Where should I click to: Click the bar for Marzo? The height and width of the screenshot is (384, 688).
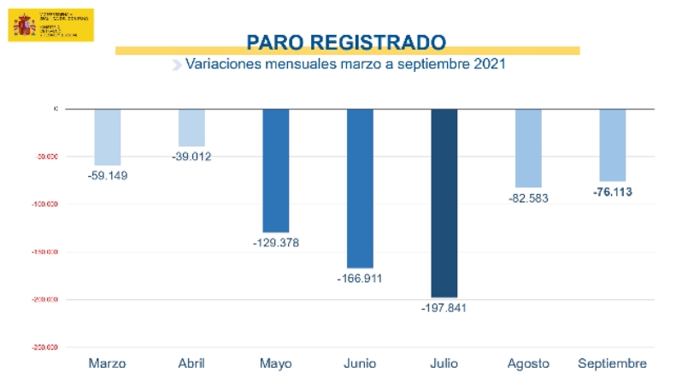coord(108,137)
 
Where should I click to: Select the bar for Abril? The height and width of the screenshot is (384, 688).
coord(191,127)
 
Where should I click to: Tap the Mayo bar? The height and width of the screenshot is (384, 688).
coord(275,170)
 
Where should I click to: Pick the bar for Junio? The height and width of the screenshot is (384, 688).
coord(360,188)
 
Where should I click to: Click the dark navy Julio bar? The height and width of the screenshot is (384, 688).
coord(444,203)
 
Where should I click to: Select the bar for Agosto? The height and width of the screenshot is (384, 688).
coord(528,148)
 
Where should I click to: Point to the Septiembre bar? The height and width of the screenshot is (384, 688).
coord(612,145)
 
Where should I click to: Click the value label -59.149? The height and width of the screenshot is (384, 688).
coord(108,175)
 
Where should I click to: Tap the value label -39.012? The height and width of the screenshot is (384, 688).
coord(191,157)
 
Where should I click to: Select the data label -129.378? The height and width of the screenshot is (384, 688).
coord(276,243)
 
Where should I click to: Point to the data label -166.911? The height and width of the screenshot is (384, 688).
coord(360,279)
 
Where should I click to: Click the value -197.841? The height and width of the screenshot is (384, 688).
coord(444,308)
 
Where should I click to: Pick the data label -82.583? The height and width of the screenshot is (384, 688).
coord(528,198)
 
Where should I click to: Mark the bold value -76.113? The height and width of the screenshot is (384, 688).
coord(612,192)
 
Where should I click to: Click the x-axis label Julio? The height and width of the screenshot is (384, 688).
coord(444,363)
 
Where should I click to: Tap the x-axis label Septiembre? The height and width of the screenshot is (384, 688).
coord(612,363)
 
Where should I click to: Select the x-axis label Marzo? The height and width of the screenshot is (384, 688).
coord(108,363)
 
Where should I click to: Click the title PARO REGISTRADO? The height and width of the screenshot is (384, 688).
coord(346,42)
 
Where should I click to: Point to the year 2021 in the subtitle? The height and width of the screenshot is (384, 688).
coord(490,64)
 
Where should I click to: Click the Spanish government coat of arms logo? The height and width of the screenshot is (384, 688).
coord(25,24)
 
